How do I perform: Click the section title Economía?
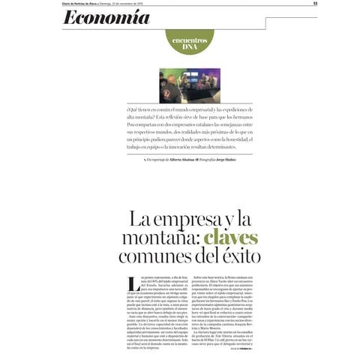(x=106, y=17)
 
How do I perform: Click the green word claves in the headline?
(x=232, y=238)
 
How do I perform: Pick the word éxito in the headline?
(x=237, y=256)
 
